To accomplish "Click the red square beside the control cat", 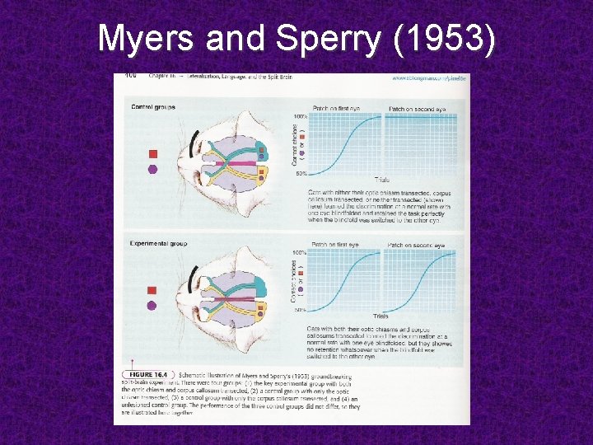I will point(152,154).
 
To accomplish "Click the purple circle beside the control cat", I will point(152,170).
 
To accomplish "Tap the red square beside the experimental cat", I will point(152,290).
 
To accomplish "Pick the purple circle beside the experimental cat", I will point(152,306).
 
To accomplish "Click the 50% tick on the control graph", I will point(301,174).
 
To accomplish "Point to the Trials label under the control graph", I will point(382,180).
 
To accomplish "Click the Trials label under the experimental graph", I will point(381,316).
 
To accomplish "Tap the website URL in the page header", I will point(428,77).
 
